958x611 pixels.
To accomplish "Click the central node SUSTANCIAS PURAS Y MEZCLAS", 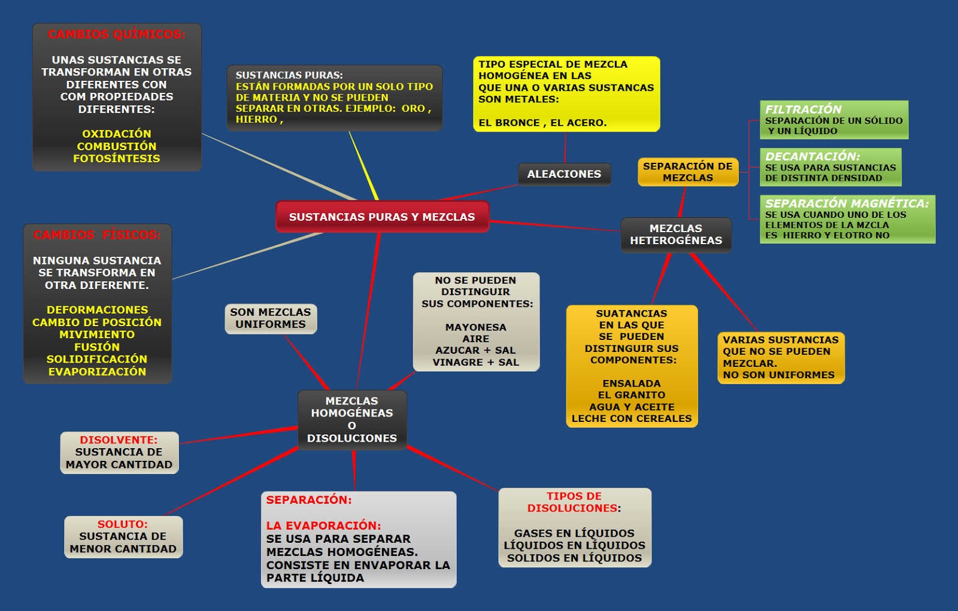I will pyautogui.click(x=382, y=217).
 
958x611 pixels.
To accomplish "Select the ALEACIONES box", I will pyautogui.click(x=564, y=174).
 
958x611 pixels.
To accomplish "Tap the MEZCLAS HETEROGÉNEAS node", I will pyautogui.click(x=676, y=235).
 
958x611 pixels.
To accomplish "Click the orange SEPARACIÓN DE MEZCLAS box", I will pyautogui.click(x=688, y=172).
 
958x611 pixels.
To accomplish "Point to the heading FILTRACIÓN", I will pyautogui.click(x=803, y=110).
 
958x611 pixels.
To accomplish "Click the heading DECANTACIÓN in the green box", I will pyautogui.click(x=812, y=157).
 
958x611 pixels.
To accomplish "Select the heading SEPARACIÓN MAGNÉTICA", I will pyautogui.click(x=847, y=203).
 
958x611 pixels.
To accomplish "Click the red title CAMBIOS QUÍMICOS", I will pyautogui.click(x=117, y=35).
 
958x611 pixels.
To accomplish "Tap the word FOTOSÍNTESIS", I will pyautogui.click(x=117, y=159).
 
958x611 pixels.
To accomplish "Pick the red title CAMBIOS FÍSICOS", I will pyautogui.click(x=97, y=235).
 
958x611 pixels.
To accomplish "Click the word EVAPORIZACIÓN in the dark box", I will pyautogui.click(x=97, y=372).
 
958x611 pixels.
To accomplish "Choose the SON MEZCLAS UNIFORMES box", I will pyautogui.click(x=271, y=318).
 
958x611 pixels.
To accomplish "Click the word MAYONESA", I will pyautogui.click(x=475, y=327).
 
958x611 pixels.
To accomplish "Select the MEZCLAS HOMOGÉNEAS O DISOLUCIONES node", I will pyautogui.click(x=352, y=420).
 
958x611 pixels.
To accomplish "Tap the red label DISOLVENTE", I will pyautogui.click(x=119, y=440).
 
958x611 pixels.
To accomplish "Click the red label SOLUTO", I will pyautogui.click(x=123, y=524).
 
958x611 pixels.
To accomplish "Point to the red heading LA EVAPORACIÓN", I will pyautogui.click(x=323, y=526).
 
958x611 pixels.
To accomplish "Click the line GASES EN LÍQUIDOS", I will pyautogui.click(x=574, y=533).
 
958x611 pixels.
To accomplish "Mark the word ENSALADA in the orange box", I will pyautogui.click(x=631, y=384).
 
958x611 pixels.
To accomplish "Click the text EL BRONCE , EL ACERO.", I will pyautogui.click(x=542, y=123).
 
